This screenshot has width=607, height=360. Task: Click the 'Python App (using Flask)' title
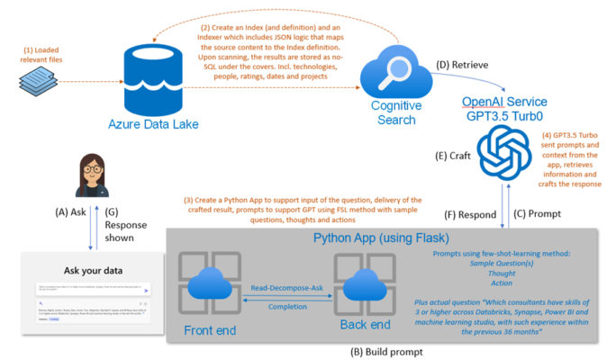[382, 238]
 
